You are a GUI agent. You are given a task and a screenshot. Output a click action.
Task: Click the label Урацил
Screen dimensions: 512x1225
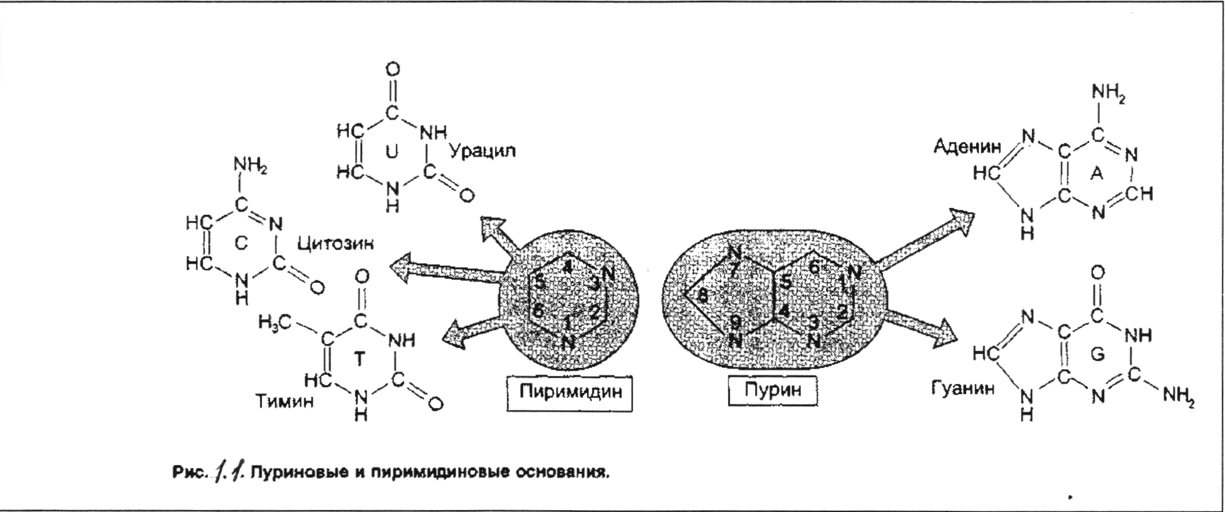pos(482,151)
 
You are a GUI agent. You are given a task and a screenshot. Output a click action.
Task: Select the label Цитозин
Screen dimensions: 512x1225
pos(335,243)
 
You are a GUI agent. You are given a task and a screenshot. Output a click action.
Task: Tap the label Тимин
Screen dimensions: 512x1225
pos(284,401)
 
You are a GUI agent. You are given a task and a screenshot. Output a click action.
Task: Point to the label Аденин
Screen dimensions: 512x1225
pos(967,148)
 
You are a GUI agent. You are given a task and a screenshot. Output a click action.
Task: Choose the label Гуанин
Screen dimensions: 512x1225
pos(963,389)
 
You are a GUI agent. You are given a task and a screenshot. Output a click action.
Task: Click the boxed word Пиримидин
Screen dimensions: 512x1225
pos(569,392)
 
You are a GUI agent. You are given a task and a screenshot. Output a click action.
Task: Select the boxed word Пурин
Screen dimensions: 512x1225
pos(773,390)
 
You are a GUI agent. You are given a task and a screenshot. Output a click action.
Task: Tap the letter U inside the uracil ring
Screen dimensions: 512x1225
pos(392,151)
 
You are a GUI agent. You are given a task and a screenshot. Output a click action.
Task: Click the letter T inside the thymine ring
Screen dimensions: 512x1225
pos(358,358)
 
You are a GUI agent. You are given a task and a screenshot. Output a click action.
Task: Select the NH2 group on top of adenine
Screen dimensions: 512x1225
pos(1108,93)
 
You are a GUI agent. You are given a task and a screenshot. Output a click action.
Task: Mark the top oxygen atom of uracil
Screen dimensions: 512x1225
pos(393,70)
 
